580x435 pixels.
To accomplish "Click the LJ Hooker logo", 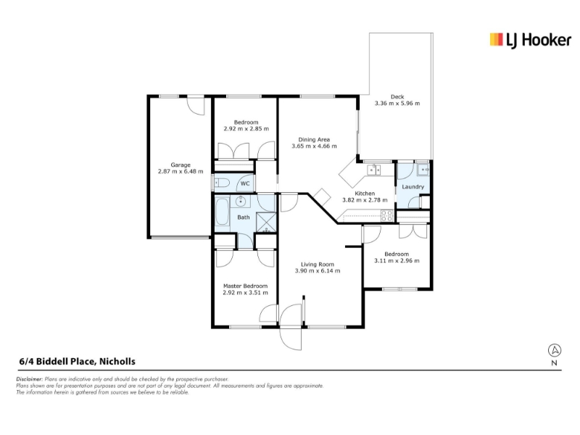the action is (x=530, y=40).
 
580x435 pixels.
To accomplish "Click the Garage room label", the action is (x=181, y=165).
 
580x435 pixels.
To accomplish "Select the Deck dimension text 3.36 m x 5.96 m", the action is (x=397, y=103).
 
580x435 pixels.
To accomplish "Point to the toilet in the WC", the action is (x=223, y=183).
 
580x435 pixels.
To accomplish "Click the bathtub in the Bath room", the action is (x=222, y=212).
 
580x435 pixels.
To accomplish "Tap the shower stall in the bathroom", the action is (x=266, y=222).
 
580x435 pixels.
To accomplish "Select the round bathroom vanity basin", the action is (x=241, y=202).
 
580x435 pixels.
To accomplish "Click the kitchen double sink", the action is (x=373, y=170).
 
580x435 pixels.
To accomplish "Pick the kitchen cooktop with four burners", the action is (x=387, y=215).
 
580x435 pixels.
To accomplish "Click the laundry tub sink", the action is (x=423, y=170).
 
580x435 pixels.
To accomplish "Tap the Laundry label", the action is (x=413, y=187).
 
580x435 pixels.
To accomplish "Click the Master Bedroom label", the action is (x=245, y=286).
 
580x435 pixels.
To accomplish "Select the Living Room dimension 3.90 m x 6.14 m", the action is (x=318, y=270).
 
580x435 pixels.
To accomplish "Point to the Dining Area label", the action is (x=314, y=139).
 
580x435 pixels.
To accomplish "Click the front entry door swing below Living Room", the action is (x=291, y=327).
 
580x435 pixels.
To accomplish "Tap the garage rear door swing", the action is (x=195, y=105).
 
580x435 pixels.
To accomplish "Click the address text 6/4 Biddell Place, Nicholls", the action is (x=78, y=361).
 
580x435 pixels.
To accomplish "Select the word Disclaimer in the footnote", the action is (x=30, y=379).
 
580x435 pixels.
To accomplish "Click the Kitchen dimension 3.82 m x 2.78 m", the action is (x=365, y=200).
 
